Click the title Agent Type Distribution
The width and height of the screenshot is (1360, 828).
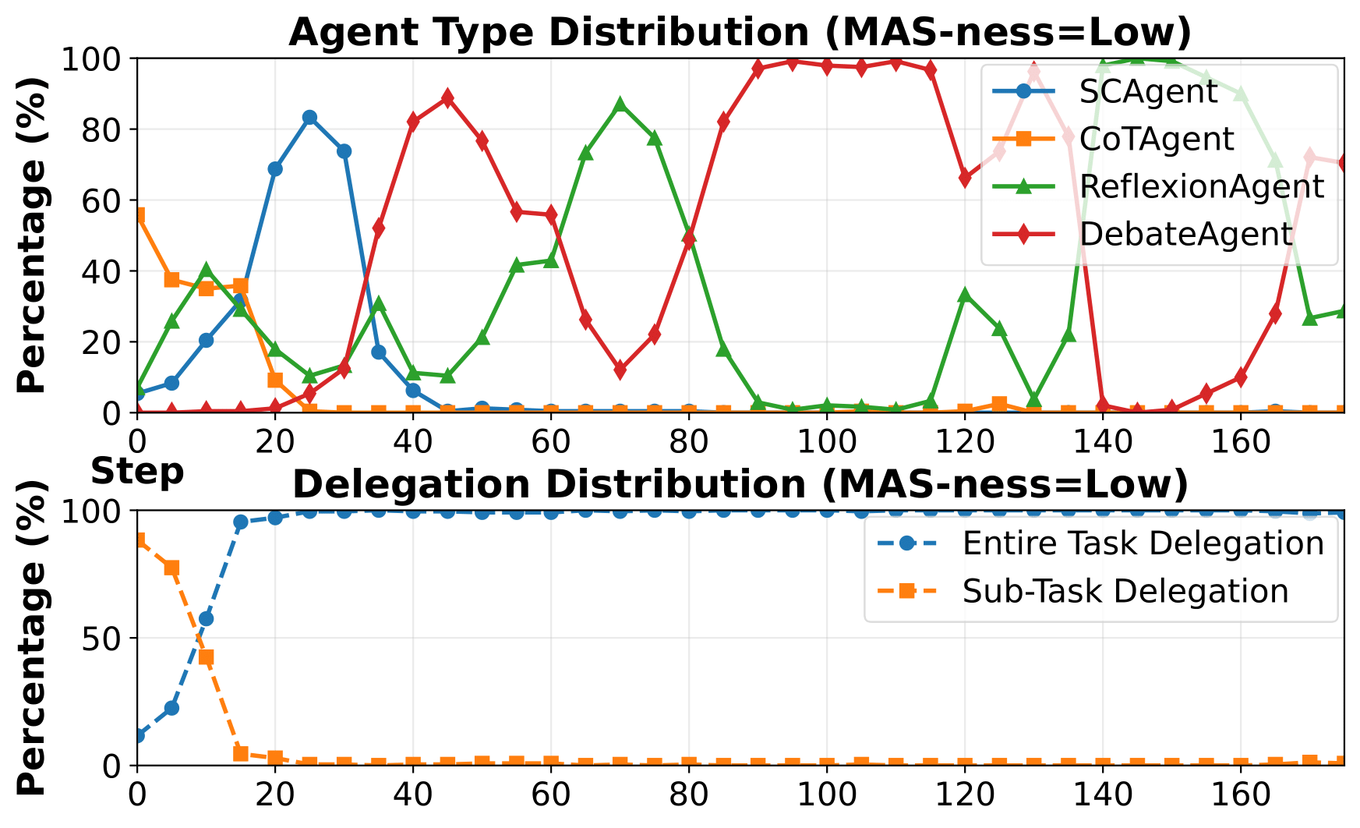(x=740, y=34)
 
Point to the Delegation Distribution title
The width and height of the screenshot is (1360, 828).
(x=740, y=485)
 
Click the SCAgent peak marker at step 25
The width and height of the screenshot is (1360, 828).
(x=309, y=118)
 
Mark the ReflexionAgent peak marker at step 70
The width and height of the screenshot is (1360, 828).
(x=620, y=104)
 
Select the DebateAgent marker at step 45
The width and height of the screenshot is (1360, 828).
(x=447, y=98)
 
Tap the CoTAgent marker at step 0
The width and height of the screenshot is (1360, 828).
(x=138, y=214)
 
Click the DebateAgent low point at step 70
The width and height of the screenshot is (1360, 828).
(x=620, y=370)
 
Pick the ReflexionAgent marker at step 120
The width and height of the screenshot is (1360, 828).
(x=966, y=295)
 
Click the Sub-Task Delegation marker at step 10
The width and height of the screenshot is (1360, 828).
(x=207, y=657)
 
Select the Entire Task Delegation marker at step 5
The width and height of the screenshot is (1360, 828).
(x=171, y=708)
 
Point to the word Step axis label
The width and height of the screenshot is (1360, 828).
(x=138, y=472)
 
